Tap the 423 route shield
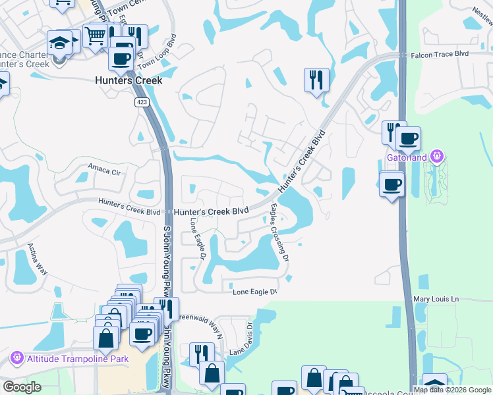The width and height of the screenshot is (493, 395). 142,102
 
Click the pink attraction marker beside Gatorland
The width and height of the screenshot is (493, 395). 436,157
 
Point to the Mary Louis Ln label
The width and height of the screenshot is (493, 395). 436,300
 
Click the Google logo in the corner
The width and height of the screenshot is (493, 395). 22,387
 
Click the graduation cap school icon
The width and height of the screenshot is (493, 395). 59,42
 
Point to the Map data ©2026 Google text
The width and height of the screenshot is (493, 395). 452,389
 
